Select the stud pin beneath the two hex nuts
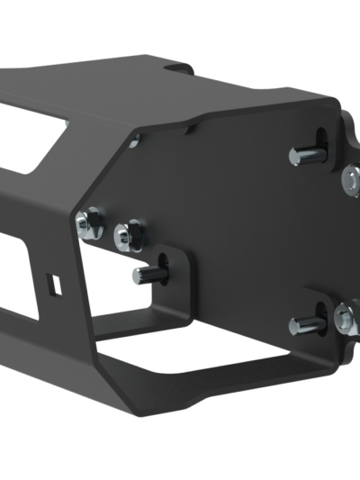tap(143, 275)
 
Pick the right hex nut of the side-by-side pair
tap(127, 233)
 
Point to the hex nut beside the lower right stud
tap(346, 317)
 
